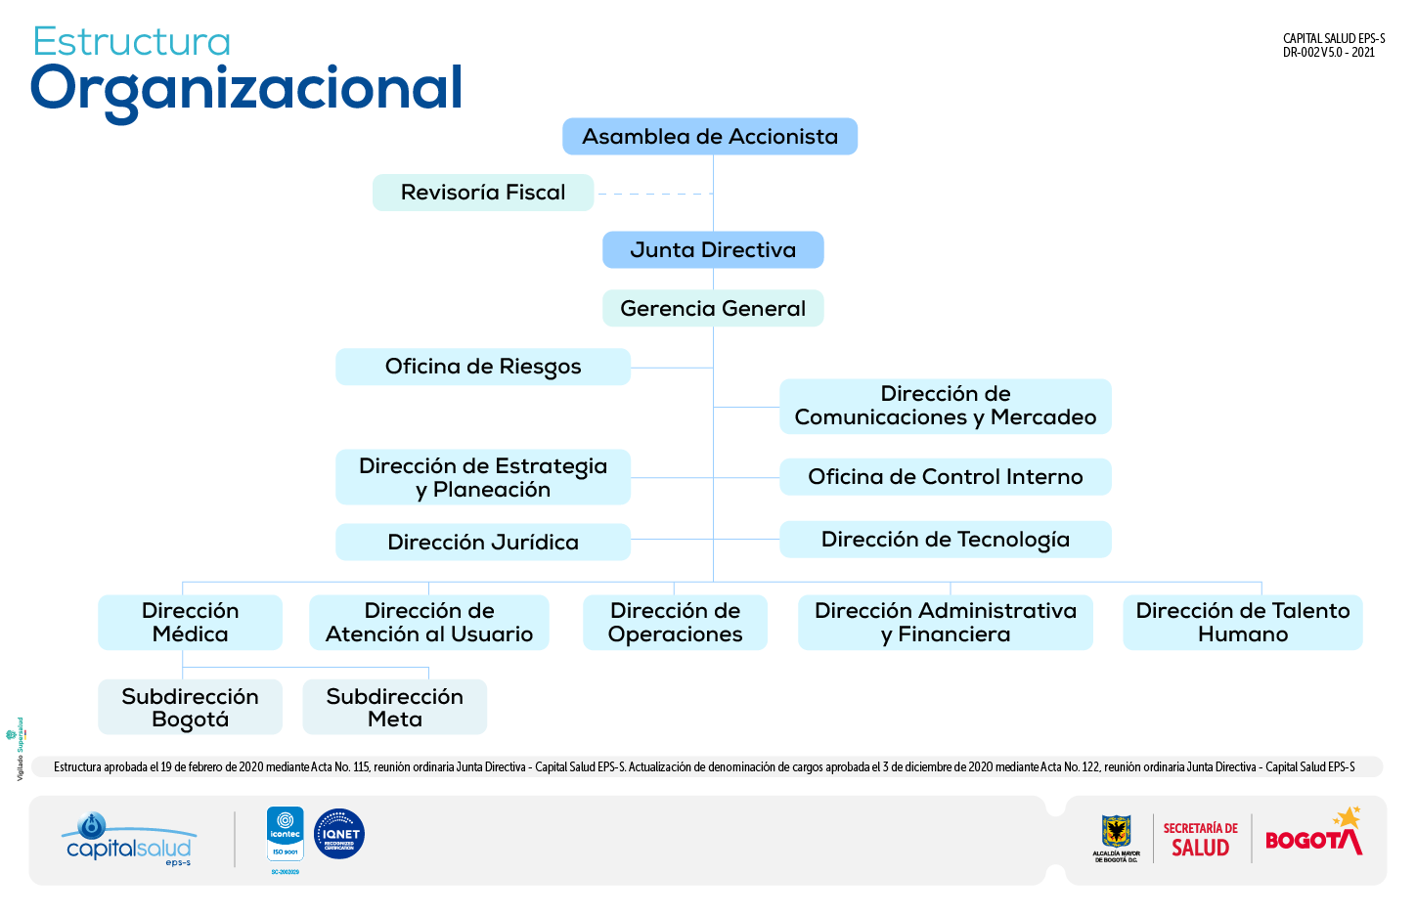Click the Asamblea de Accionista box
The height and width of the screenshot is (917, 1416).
click(710, 137)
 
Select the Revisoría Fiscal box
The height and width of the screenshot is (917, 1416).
click(483, 193)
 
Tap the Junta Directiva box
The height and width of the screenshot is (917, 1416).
click(713, 250)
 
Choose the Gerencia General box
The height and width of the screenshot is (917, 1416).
click(713, 309)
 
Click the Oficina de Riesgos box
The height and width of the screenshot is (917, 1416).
click(483, 367)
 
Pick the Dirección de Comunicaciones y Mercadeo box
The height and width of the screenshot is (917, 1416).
click(946, 406)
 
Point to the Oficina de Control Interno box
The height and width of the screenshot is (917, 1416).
click(946, 477)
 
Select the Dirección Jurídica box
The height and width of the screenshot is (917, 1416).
click(483, 543)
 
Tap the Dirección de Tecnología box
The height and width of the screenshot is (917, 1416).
click(946, 540)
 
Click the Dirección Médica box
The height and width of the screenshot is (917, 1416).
click(190, 623)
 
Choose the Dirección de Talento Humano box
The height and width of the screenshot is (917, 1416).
click(1243, 623)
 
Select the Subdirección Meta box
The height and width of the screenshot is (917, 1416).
click(394, 708)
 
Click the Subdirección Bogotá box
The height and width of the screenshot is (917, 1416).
click(190, 708)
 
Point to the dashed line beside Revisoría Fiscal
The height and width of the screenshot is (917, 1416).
click(653, 195)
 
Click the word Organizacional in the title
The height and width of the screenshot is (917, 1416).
click(246, 89)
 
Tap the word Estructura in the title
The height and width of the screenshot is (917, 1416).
click(132, 42)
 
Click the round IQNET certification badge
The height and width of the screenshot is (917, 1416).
click(339, 834)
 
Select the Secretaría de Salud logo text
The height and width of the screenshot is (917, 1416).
click(1200, 840)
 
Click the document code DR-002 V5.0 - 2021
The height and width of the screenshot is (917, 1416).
click(1329, 53)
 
